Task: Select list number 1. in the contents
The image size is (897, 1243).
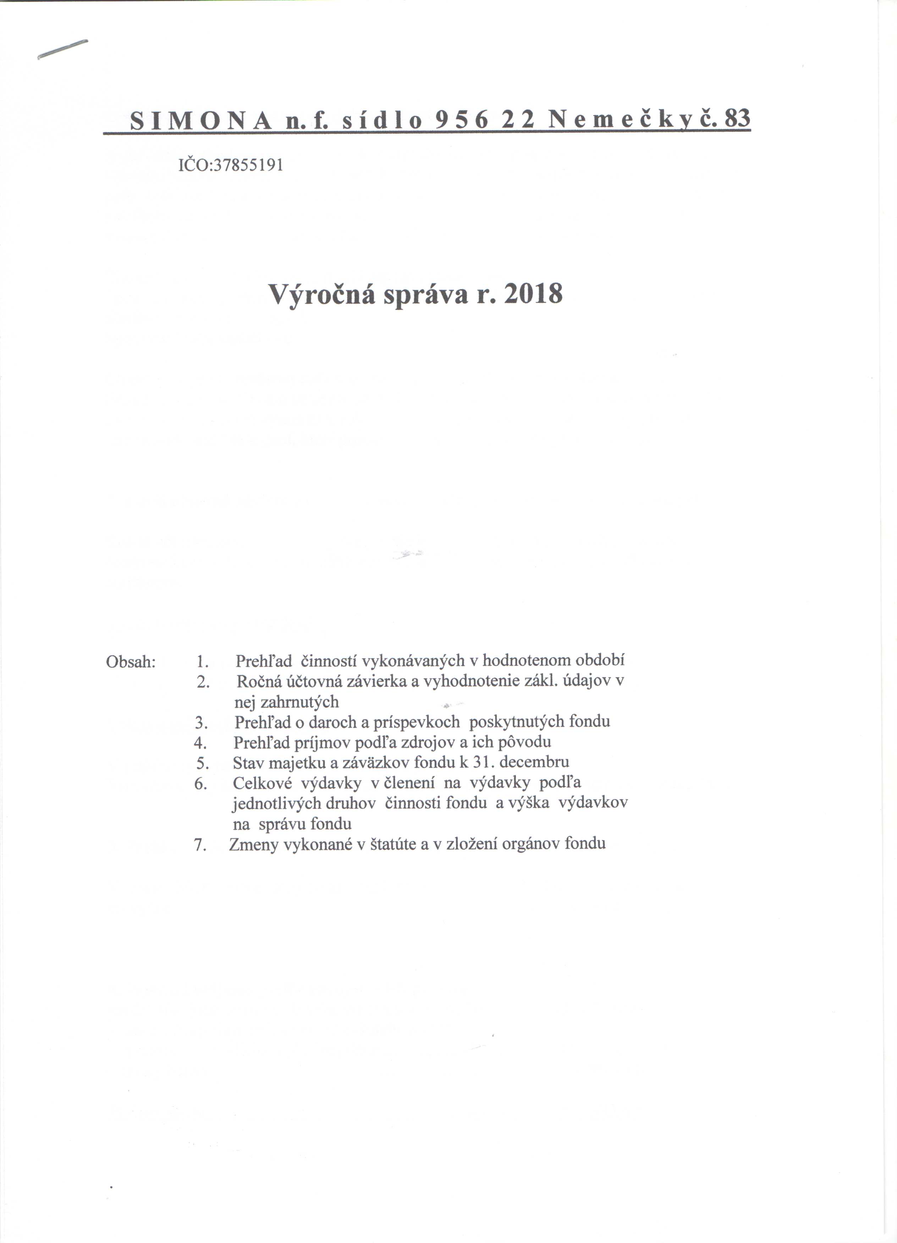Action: (202, 662)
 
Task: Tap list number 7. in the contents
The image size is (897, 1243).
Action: (200, 845)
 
